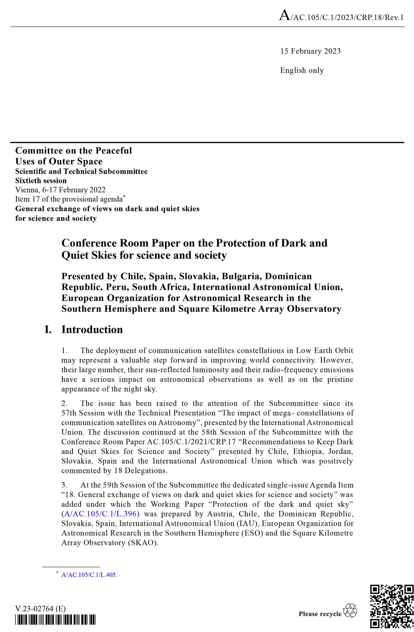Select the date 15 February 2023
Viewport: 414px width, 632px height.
pyautogui.click(x=310, y=51)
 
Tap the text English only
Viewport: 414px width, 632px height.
pyautogui.click(x=302, y=70)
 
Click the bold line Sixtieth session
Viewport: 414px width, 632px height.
pyautogui.click(x=41, y=181)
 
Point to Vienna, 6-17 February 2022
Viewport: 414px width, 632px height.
pyautogui.click(x=60, y=190)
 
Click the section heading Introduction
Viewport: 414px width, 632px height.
pyautogui.click(x=92, y=330)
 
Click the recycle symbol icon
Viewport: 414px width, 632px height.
pyautogui.click(x=350, y=611)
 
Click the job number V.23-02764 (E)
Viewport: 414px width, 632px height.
pyautogui.click(x=40, y=609)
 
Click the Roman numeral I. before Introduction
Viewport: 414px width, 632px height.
pyautogui.click(x=48, y=330)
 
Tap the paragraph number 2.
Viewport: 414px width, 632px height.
pyautogui.click(x=64, y=403)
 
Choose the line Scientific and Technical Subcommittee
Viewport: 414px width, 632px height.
pyautogui.click(x=81, y=171)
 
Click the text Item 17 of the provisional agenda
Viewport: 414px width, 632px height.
pyautogui.click(x=69, y=199)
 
